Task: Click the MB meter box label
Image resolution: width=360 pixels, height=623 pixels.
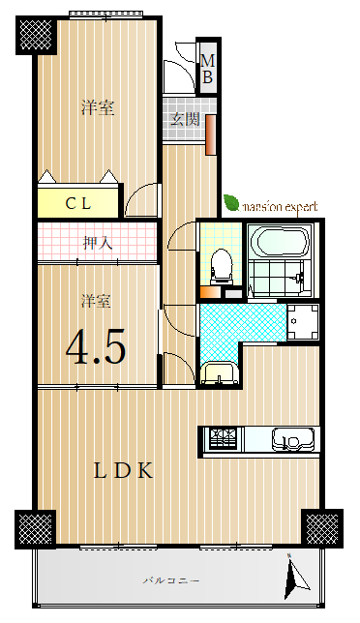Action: (x=207, y=69)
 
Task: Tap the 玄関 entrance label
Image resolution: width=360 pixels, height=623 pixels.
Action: (x=185, y=119)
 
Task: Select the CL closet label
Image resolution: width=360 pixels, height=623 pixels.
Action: (x=78, y=204)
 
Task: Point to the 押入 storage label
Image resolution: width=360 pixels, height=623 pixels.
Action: (x=98, y=243)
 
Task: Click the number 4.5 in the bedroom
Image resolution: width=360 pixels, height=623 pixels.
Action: (x=96, y=346)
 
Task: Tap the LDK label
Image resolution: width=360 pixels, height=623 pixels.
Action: (x=123, y=471)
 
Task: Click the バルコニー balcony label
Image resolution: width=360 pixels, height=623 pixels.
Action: (x=171, y=580)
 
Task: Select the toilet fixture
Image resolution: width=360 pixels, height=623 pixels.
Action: (x=221, y=266)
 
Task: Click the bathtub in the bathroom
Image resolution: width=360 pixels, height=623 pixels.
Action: (x=283, y=242)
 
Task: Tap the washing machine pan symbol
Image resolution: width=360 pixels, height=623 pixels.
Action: (x=303, y=321)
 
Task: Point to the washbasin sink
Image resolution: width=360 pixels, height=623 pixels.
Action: (x=219, y=373)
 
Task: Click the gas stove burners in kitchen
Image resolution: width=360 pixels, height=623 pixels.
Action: (x=223, y=438)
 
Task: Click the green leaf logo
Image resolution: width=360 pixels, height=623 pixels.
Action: (x=231, y=202)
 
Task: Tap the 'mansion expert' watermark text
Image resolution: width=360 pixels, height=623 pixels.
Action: (x=280, y=207)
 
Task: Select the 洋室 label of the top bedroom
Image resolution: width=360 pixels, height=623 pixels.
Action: (x=98, y=107)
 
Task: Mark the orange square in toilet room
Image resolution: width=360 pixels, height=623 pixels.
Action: (x=210, y=292)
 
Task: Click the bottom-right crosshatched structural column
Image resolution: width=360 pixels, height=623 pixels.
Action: (x=322, y=528)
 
